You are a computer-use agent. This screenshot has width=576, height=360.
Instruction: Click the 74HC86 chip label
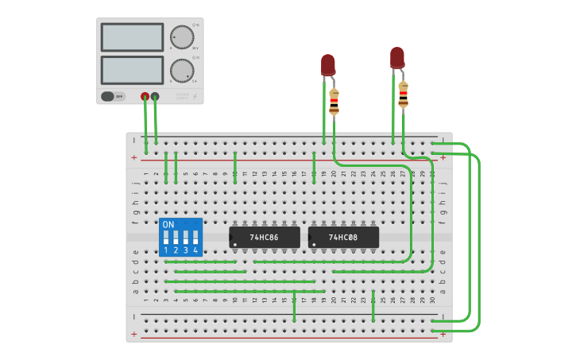[265, 238]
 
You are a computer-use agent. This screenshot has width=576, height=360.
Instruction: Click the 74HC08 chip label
[343, 238]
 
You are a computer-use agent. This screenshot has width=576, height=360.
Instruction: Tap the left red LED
[328, 64]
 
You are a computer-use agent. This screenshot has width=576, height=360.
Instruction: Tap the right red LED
[397, 57]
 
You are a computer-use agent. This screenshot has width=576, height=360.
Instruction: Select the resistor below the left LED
[334, 102]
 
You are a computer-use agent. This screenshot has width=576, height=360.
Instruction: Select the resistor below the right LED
[404, 94]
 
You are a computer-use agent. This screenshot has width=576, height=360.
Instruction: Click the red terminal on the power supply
[145, 97]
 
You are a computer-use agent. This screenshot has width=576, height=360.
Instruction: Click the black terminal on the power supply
[155, 97]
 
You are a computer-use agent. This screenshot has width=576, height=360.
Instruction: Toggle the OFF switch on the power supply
[113, 97]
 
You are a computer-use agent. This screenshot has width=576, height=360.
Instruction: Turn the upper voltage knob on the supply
[182, 37]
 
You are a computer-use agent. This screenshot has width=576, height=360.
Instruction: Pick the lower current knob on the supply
[182, 70]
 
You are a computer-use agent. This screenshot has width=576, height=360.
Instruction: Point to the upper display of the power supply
[132, 37]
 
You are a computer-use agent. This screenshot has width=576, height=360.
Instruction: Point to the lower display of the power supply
[132, 70]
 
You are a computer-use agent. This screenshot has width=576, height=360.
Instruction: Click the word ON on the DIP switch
[168, 225]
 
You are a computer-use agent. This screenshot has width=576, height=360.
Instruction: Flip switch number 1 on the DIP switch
[166, 238]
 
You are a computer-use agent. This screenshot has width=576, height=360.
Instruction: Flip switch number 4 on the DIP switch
[195, 238]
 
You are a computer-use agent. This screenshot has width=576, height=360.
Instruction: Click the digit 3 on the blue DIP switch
[186, 250]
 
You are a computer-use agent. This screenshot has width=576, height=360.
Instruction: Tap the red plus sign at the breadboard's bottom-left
[133, 334]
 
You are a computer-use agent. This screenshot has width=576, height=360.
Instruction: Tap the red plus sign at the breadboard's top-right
[443, 157]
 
